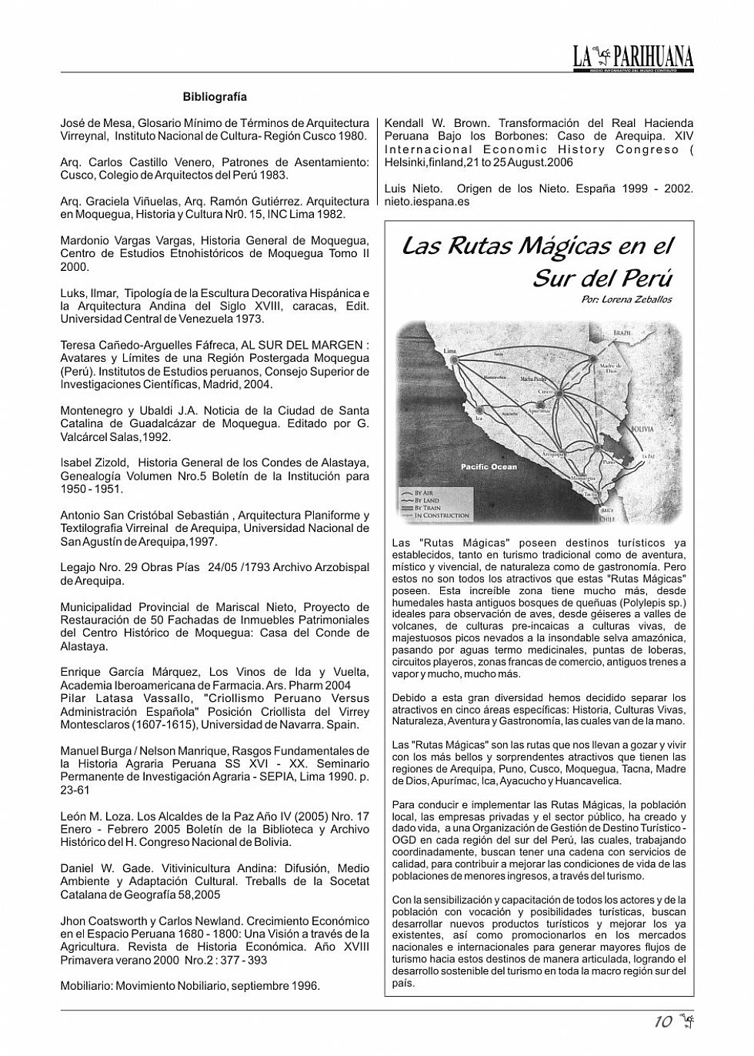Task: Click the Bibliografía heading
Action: pyautogui.click(x=215, y=97)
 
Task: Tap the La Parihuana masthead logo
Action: pyautogui.click(x=632, y=57)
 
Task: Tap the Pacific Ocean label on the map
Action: pyautogui.click(x=489, y=467)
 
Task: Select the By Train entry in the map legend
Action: pyautogui.click(x=429, y=508)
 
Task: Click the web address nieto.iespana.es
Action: pyautogui.click(x=426, y=202)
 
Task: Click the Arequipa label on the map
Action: pyautogui.click(x=553, y=456)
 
